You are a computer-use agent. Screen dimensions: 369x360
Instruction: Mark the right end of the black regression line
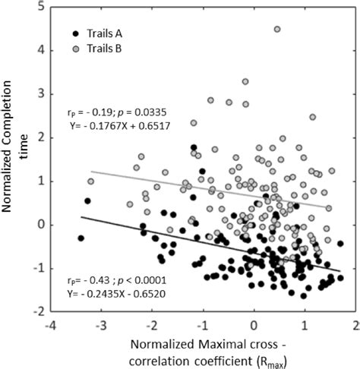coord(339,270)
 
